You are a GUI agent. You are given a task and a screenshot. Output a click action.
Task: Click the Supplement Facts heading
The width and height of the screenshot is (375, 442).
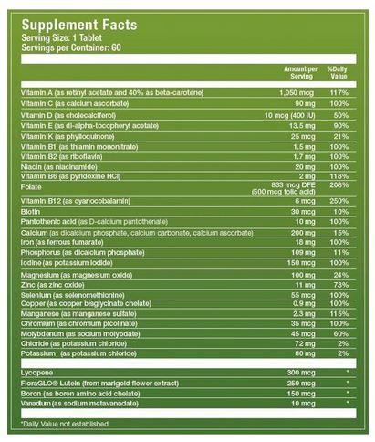pos(79,25)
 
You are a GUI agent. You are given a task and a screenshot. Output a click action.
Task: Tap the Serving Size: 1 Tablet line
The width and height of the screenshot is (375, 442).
pos(62,38)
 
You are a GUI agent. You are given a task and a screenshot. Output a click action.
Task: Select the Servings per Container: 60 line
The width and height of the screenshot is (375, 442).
pos(71,47)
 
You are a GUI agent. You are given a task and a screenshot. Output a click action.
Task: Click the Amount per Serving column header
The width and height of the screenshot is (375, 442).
pos(301,73)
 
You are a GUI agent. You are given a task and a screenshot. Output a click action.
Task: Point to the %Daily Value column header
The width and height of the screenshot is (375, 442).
pos(338,73)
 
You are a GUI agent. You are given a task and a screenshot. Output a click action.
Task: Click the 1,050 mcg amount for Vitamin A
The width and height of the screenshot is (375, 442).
pos(297,93)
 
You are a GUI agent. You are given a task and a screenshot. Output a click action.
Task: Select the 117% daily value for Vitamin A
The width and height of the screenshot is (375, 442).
pos(339,93)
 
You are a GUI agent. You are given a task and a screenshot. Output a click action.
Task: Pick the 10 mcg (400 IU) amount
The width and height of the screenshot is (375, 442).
pos(290,115)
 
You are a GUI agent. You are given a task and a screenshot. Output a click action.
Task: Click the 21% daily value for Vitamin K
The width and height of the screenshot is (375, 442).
pos(341,137)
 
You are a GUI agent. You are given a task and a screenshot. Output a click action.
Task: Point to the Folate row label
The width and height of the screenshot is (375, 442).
pos(31,187)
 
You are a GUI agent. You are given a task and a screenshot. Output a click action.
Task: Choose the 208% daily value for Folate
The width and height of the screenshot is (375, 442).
pos(339,185)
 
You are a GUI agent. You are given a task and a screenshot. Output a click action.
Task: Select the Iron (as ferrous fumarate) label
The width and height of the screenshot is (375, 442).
pos(62,243)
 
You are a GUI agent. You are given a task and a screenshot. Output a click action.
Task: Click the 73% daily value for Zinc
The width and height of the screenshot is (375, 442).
pos(341,285)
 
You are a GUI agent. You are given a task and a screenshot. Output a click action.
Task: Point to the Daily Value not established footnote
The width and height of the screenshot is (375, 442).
pos(65,424)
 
